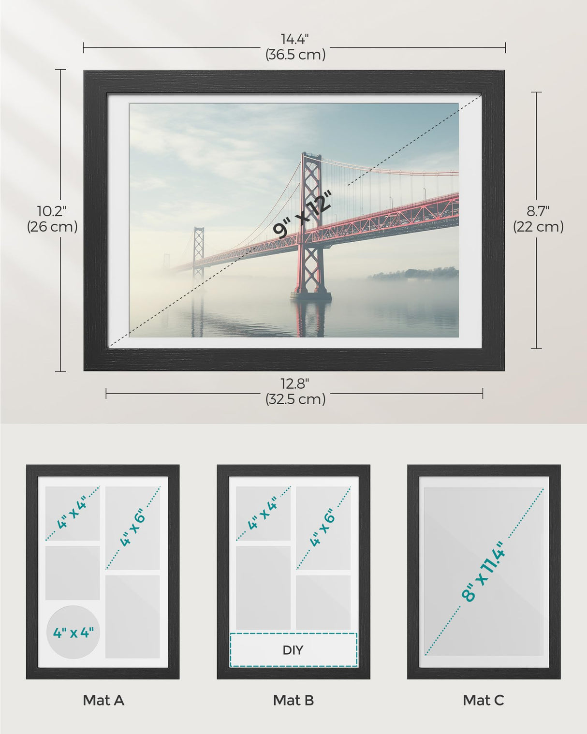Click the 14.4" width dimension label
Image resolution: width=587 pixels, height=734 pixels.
[295, 39]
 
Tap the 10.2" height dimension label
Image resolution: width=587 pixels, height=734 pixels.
[52, 211]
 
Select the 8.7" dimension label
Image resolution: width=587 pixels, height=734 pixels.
[538, 211]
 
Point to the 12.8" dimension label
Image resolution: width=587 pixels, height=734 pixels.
[295, 384]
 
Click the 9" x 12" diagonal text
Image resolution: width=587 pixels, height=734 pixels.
[303, 214]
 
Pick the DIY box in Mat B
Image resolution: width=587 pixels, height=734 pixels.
[293, 650]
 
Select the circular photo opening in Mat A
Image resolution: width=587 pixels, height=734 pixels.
[73, 632]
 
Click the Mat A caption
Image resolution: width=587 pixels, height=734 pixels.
[103, 700]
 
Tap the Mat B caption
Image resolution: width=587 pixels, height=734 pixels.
[293, 700]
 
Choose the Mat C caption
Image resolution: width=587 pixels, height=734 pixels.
[483, 700]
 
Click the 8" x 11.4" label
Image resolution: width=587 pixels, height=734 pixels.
[484, 572]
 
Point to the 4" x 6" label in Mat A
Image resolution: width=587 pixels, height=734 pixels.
[132, 529]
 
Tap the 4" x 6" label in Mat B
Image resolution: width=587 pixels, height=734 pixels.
[323, 529]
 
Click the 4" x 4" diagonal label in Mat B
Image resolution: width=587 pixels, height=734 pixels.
[263, 513]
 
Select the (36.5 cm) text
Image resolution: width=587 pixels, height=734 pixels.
[295, 55]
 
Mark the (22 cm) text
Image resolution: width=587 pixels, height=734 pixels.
[538, 227]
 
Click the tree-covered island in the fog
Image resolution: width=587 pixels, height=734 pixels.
[414, 274]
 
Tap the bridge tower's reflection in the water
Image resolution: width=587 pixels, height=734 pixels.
[311, 319]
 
